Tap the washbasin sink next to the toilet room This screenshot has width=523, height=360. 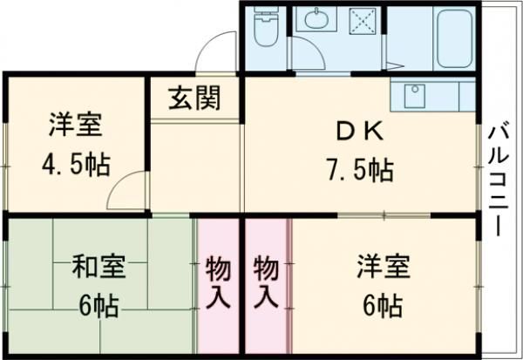tap(310, 20)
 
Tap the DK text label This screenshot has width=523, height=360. tap(358, 131)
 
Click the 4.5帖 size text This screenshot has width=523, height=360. tap(75, 164)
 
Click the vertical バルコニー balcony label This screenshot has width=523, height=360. tap(499, 180)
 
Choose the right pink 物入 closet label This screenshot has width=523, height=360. tap(267, 281)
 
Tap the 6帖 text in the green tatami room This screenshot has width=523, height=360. tap(98, 306)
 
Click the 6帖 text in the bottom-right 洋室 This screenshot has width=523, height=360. tap(380, 306)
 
